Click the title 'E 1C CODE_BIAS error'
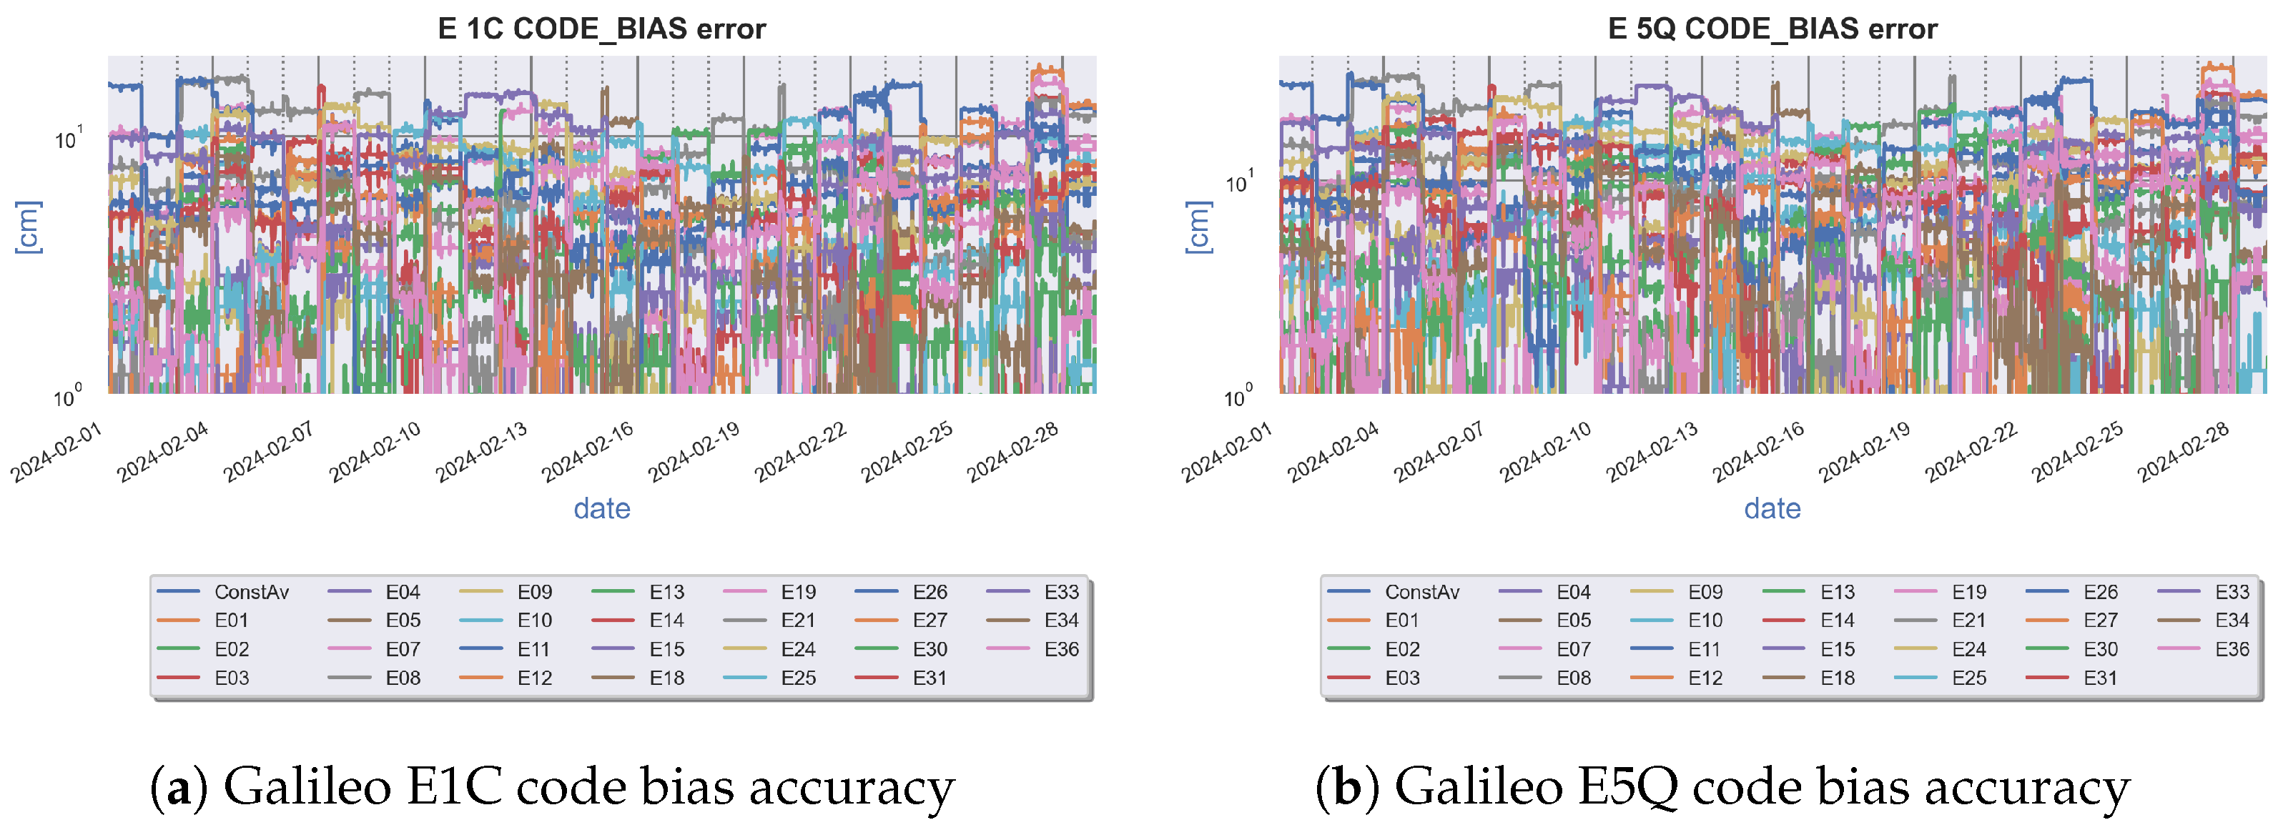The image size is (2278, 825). point(601,29)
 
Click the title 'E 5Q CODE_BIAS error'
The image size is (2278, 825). point(1772,29)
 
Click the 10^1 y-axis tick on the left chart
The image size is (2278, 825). point(67,138)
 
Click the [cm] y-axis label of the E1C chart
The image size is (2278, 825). point(29,227)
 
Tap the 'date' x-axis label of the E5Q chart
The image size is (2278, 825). point(1772,508)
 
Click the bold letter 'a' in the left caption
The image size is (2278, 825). point(179,786)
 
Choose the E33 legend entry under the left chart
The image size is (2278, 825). point(1061,591)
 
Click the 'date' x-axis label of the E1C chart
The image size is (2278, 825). point(601,508)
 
